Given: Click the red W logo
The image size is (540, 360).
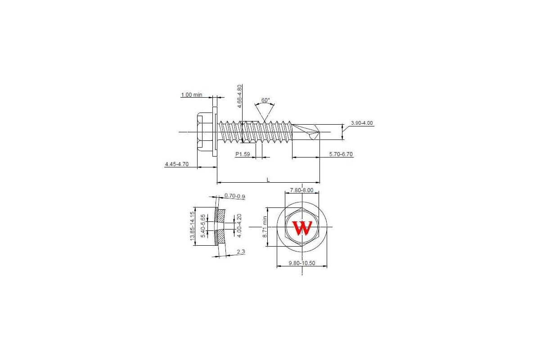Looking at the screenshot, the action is pyautogui.click(x=302, y=228).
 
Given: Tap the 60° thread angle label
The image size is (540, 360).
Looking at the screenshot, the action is pyautogui.click(x=265, y=100).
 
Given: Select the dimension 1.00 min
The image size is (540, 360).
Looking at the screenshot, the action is pyautogui.click(x=192, y=95).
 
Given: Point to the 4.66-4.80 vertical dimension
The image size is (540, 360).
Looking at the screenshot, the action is pyautogui.click(x=239, y=96).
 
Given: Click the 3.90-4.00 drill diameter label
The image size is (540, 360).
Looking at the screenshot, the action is pyautogui.click(x=362, y=123).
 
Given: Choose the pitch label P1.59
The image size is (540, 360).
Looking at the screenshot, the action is pyautogui.click(x=243, y=154).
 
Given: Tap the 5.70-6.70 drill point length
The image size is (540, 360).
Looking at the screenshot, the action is pyautogui.click(x=341, y=154).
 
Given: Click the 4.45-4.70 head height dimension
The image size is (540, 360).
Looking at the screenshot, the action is pyautogui.click(x=177, y=164).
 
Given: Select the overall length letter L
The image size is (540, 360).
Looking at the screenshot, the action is pyautogui.click(x=268, y=180).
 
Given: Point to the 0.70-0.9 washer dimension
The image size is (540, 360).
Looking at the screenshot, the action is pyautogui.click(x=234, y=196).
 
